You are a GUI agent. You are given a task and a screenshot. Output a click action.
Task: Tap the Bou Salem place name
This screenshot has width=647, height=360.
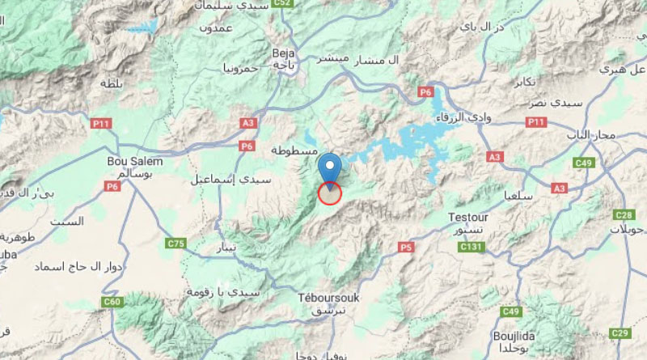(135, 161)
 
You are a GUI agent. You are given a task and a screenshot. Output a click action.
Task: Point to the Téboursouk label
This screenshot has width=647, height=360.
(328, 298)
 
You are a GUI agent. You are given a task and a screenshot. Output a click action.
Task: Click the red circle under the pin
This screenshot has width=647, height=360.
(330, 193)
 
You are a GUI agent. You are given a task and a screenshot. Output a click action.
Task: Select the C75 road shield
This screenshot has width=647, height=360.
(175, 243)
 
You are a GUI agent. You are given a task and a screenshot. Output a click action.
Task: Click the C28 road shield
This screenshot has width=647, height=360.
(623, 214)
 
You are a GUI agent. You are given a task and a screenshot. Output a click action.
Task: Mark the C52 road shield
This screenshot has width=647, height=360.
(281, 4)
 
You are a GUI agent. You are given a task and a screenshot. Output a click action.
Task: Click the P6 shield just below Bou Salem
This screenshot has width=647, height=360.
(112, 186)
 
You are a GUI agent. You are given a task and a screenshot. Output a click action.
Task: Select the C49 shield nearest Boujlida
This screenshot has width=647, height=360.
(510, 311)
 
